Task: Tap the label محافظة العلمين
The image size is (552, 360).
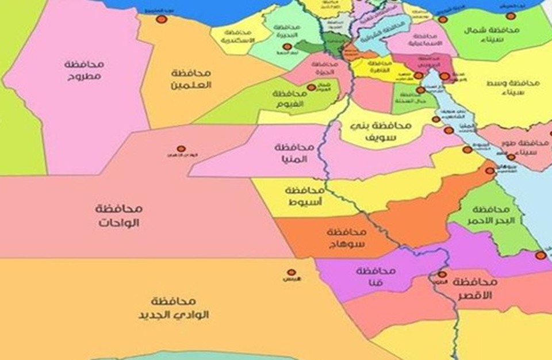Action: click(x=191, y=79)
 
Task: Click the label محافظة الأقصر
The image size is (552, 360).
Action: click(x=475, y=288)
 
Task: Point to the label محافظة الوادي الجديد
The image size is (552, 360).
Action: click(x=172, y=308)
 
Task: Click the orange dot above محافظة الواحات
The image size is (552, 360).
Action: click(x=181, y=148)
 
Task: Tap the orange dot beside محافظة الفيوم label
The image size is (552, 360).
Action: click(x=311, y=87)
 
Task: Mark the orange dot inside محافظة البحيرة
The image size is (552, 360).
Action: click(x=287, y=47)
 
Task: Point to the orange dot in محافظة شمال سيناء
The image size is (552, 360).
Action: click(x=511, y=16)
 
